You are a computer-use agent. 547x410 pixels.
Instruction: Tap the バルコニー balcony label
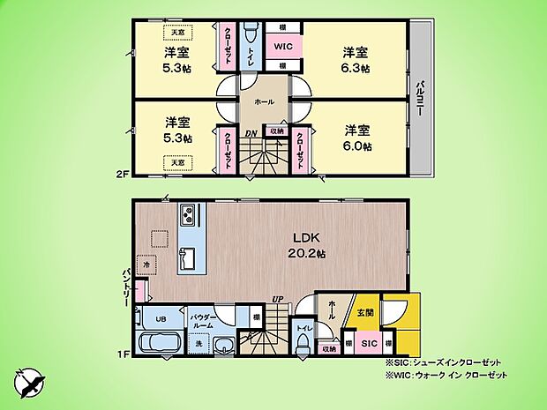421,98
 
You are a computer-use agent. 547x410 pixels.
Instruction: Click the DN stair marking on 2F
251,135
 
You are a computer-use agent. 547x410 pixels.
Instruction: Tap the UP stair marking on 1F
277,300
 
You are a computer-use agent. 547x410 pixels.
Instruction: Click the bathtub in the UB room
160,344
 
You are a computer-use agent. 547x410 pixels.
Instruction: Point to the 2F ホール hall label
263,103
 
